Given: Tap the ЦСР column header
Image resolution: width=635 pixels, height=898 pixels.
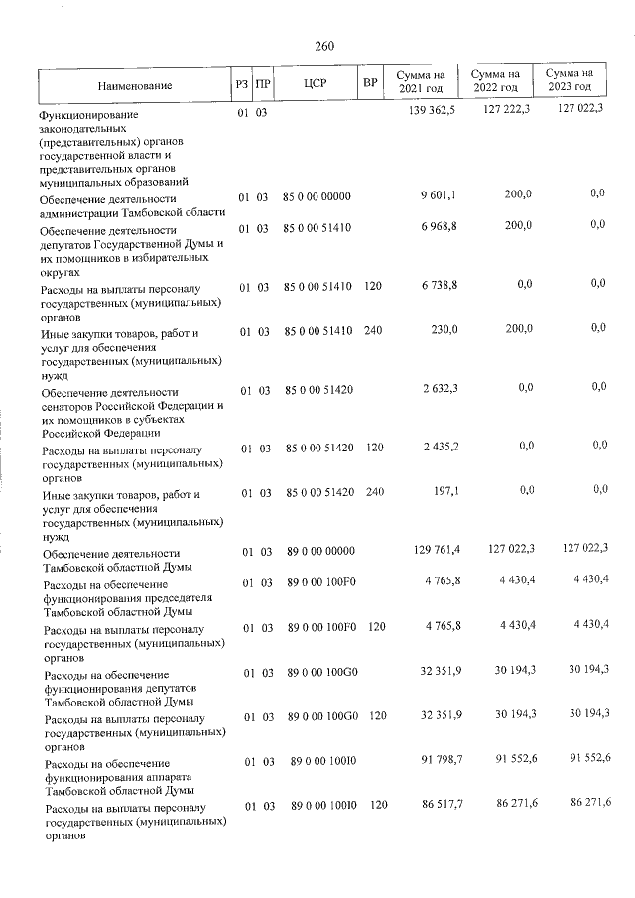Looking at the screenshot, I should tap(316, 83).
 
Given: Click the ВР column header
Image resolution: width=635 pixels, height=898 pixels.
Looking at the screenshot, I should tap(371, 83).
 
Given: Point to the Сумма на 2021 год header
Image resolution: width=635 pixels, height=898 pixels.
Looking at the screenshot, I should tap(421, 82).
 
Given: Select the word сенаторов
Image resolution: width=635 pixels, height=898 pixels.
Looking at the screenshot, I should tap(70, 407).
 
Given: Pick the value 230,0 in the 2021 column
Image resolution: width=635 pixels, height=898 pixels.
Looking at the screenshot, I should tap(443, 331).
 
